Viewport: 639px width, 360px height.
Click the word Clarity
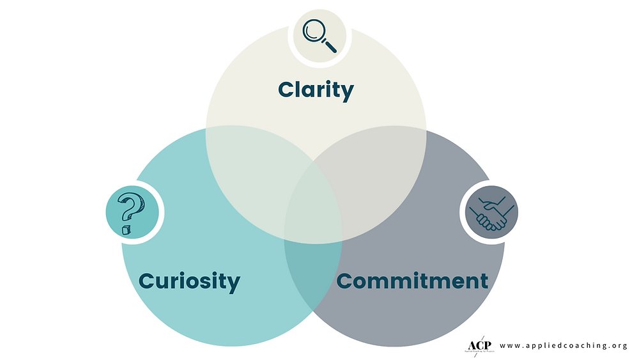(316, 90)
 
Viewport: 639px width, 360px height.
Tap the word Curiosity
(189, 281)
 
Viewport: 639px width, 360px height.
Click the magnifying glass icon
(319, 35)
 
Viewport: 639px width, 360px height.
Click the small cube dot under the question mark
(126, 228)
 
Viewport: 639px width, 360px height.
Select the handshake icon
(489, 213)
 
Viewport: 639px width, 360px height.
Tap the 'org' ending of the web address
(619, 346)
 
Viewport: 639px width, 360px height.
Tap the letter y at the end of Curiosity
(233, 283)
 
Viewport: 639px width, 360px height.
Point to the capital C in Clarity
(287, 90)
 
